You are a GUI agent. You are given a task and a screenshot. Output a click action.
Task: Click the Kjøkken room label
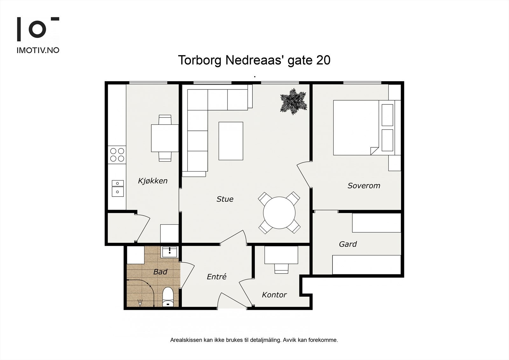[x=152, y=181]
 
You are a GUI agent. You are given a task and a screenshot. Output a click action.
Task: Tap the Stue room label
[x=225, y=199]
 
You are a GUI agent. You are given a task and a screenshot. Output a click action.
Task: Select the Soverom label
[x=364, y=186]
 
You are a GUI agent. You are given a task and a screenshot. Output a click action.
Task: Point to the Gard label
[x=348, y=244]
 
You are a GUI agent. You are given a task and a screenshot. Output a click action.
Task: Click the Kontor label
[x=274, y=295]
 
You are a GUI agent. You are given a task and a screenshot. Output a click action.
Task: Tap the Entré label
[x=216, y=277]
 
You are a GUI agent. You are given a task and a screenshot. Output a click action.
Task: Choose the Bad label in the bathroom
[x=160, y=272]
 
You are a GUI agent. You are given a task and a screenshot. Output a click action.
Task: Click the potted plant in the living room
[x=293, y=101]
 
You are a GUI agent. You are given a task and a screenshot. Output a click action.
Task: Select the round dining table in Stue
[x=279, y=213]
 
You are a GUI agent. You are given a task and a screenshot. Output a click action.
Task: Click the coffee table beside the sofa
[x=231, y=141]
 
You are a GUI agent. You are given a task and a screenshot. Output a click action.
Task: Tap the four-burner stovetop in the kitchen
[x=117, y=155]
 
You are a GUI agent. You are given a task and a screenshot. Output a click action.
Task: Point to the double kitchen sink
[x=117, y=187]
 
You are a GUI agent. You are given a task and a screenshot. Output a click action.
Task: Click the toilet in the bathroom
[x=168, y=297]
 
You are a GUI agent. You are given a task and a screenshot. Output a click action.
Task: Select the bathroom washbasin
[x=170, y=252]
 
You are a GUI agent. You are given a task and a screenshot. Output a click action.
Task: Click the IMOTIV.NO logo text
[x=38, y=50]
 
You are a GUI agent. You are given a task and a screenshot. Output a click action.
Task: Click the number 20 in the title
[x=323, y=60]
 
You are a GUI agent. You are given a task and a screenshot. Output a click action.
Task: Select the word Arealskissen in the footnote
[x=186, y=340]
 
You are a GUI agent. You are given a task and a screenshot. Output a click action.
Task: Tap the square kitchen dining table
[x=164, y=138]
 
